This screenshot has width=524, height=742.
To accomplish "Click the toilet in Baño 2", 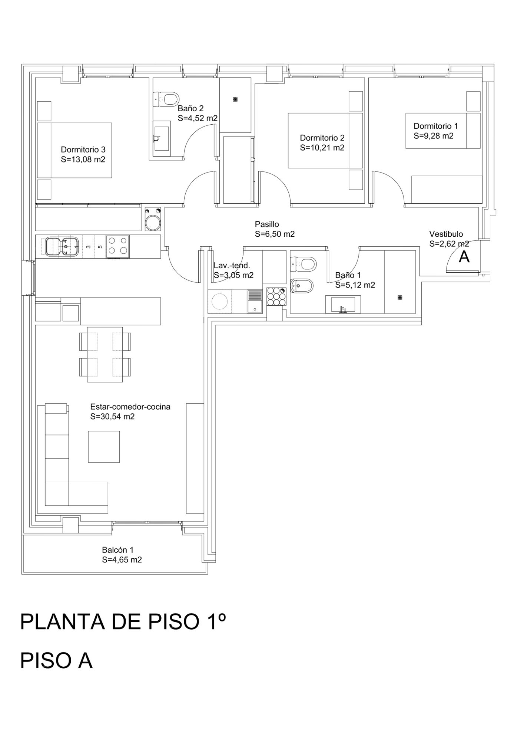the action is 166,99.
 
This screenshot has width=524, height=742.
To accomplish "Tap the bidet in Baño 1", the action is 302,286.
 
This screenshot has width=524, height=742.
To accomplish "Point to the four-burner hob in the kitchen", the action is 118,246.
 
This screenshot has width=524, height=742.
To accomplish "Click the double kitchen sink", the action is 62,246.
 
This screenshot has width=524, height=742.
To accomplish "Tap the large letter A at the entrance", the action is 464,257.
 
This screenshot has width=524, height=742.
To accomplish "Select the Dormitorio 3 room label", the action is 83,150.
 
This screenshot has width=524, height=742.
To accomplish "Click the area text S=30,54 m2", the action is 112,417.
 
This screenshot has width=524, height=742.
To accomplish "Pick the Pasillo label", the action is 267,224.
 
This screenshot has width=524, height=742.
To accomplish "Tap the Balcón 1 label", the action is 118,550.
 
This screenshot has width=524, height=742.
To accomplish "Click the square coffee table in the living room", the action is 104,447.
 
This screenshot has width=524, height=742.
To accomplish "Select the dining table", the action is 105,354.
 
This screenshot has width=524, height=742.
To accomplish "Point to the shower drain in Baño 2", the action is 235,99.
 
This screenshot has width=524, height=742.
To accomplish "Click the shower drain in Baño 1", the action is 399,297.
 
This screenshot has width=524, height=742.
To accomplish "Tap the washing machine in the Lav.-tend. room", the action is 219,301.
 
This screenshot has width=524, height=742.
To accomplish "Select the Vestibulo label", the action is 446,234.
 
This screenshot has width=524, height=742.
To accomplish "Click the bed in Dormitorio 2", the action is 325,141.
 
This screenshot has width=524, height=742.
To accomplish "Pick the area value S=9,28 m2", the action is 434,136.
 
